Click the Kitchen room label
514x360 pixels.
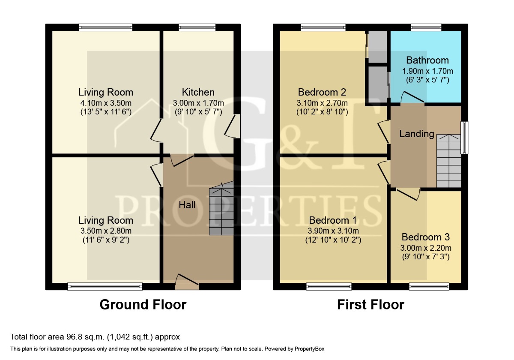pyautogui.click(x=198, y=92)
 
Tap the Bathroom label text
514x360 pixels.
pyautogui.click(x=427, y=60)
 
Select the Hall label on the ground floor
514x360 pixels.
pyautogui.click(x=187, y=205)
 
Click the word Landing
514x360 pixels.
pyautogui.click(x=417, y=134)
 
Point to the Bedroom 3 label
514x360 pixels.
pyautogui.click(x=426, y=237)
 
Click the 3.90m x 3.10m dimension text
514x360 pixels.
pyautogui.click(x=333, y=231)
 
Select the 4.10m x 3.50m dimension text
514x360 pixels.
pyautogui.click(x=106, y=103)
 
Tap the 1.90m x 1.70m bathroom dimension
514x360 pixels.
pyautogui.click(x=428, y=71)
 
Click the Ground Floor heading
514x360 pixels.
pyautogui.click(x=143, y=305)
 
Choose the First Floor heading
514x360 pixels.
pyautogui.click(x=371, y=305)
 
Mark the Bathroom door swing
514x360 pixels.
pyautogui.click(x=412, y=97)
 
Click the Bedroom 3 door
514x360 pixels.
pyautogui.click(x=409, y=194)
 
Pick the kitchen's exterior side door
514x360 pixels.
pyautogui.click(x=232, y=126)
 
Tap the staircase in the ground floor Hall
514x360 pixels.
pyautogui.click(x=221, y=208)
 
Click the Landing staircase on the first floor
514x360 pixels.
pyautogui.click(x=448, y=161)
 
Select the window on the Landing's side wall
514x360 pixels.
pyautogui.click(x=465, y=138)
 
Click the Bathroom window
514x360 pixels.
pyautogui.click(x=426, y=27)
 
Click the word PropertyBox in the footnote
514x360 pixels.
pyautogui.click(x=309, y=349)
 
